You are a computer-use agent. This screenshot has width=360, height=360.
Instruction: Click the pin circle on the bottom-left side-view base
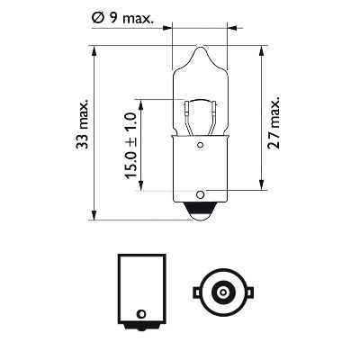139,313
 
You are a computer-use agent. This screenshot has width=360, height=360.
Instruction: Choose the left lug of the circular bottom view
194,291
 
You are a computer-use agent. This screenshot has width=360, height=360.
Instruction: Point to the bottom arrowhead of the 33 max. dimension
94,216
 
